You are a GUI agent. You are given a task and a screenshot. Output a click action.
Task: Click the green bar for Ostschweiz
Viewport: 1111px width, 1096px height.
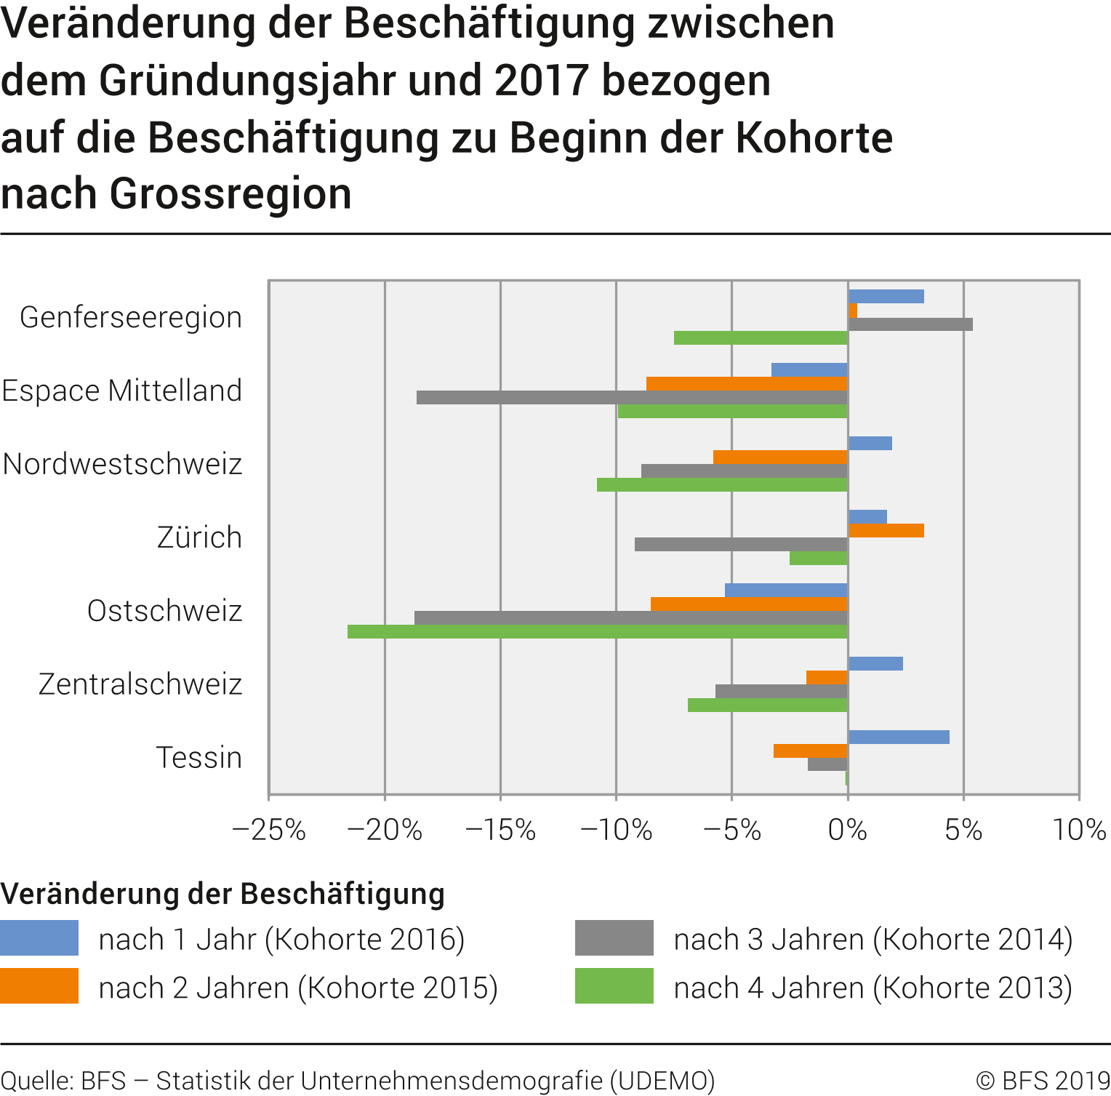coord(598,631)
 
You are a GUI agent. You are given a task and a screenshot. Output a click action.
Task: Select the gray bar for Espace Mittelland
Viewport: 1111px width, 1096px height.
coord(632,397)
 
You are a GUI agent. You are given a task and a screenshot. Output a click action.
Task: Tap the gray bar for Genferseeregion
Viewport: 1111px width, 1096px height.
coord(910,324)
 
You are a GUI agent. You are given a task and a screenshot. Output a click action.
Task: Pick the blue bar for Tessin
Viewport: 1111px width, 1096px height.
coord(899,737)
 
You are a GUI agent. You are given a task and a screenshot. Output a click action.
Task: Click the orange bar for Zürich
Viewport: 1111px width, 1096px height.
coord(886,530)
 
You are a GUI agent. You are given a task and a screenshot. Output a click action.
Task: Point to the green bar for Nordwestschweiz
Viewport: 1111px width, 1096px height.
coord(722,484)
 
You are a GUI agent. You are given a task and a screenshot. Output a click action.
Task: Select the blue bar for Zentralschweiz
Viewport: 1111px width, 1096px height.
coord(875,663)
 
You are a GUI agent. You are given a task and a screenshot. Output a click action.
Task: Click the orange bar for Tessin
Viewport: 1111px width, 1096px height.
coord(811,751)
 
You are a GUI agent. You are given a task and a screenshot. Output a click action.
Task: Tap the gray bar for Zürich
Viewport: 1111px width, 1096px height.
coord(741,544)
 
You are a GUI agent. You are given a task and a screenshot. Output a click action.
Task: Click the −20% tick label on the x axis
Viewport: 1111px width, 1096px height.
coord(385,830)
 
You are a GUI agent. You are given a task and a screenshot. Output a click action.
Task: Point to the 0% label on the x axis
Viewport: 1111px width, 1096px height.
coord(848,830)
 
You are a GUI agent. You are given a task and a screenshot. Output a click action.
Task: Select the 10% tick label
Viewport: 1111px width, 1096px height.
coord(1079,830)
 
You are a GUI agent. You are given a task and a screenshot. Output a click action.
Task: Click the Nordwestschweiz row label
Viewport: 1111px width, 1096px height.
coord(123,464)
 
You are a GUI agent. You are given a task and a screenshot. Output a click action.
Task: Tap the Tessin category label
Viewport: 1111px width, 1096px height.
coord(199,758)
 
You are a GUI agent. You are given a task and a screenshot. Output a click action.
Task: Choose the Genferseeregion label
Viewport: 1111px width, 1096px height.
coord(131,318)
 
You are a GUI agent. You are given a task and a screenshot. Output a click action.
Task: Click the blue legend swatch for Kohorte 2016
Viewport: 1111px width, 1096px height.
coord(39,938)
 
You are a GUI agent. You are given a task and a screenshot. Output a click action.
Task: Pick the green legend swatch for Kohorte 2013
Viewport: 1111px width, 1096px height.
coord(614,986)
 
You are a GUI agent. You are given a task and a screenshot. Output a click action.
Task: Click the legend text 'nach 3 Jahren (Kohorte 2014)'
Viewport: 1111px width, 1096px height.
coord(873,940)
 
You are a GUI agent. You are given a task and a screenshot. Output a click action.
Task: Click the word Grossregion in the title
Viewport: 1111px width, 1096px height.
coord(231,194)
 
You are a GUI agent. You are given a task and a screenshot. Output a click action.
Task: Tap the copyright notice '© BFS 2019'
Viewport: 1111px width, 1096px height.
coord(1043,1081)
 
